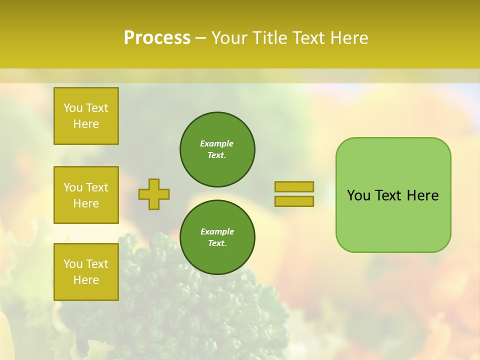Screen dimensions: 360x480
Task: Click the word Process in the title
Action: coord(157,38)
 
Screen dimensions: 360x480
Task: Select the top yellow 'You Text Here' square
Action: coord(86,116)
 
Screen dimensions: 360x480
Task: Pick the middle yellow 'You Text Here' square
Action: coord(86,195)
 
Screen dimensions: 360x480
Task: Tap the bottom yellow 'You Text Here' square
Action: coord(86,271)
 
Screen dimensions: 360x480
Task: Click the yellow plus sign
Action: coord(154,194)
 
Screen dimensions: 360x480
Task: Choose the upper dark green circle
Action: coord(217,149)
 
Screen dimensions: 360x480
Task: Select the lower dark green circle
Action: coord(217,237)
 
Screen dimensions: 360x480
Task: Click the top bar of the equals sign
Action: coord(294,186)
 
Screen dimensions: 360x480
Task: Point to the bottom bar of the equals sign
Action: coord(294,201)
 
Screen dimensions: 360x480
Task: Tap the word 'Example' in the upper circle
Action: coord(217,143)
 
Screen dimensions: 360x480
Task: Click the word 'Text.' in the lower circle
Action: coord(217,243)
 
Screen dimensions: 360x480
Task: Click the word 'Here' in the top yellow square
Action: coord(86,124)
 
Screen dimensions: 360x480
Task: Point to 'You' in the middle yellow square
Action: coord(73,187)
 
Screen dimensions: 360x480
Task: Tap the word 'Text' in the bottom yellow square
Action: coord(97,264)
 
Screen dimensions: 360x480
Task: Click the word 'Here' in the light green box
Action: coord(422,195)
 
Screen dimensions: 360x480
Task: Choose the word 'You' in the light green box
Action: coord(358,195)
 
